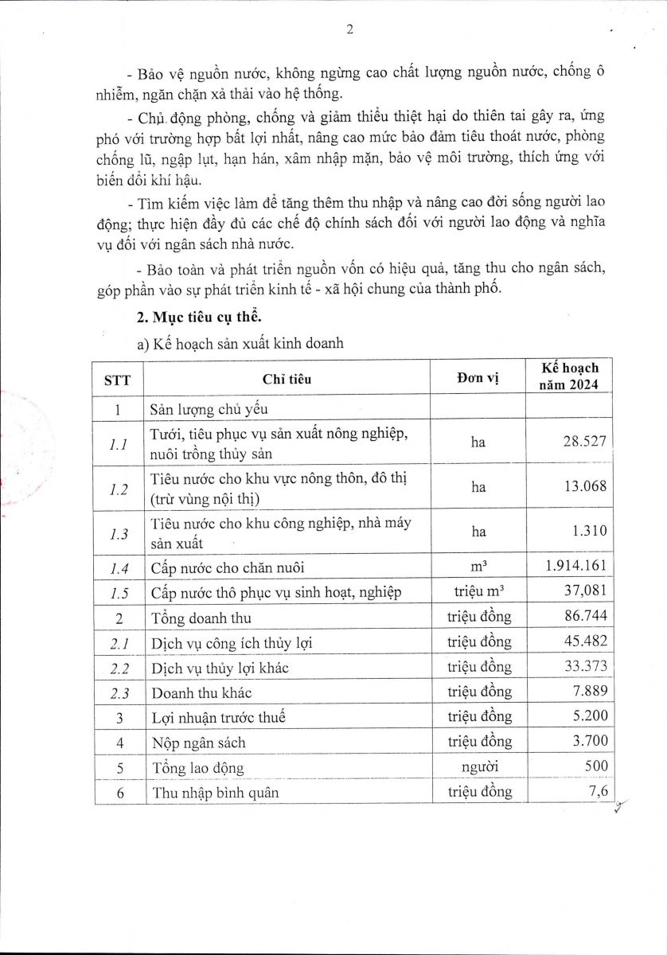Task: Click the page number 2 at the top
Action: coord(349,29)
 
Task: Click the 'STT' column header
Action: coord(118,379)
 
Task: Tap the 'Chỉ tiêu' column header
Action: coord(287,379)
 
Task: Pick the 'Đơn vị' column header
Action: coord(478,378)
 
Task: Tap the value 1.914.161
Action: coord(576,567)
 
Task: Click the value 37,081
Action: coord(585,591)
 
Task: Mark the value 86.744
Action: coord(587,617)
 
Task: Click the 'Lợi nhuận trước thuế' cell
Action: coord(217,717)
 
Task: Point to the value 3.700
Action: coord(590,742)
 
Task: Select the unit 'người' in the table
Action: coord(478,767)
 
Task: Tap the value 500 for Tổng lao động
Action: coord(595,766)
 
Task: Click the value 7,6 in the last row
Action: coord(599,791)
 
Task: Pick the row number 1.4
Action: coord(118,567)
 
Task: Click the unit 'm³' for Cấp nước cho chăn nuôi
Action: coord(478,566)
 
